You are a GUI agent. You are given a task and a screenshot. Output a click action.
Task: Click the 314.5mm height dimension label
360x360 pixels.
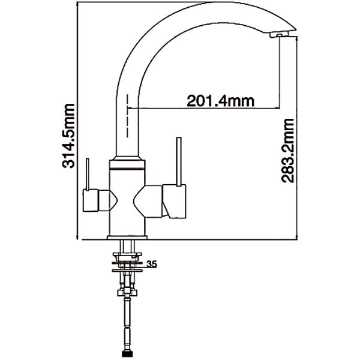[x=68, y=136]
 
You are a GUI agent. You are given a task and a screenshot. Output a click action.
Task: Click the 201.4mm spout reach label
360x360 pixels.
[x=221, y=101]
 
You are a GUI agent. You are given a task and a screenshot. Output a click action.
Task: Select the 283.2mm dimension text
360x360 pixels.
[x=287, y=151]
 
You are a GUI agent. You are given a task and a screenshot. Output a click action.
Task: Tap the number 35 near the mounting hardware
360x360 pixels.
[x=152, y=264]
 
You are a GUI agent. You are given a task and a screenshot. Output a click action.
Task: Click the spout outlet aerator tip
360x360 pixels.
[x=279, y=35]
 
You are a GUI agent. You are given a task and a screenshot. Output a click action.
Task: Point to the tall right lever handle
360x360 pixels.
[x=179, y=161]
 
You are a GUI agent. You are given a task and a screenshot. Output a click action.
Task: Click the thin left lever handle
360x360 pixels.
[x=87, y=174]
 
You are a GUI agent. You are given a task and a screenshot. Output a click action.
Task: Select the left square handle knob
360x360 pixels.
[x=91, y=200]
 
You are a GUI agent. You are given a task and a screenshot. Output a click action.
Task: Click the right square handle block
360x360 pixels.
[x=174, y=202]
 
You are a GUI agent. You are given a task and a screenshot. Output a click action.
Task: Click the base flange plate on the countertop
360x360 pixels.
[x=127, y=238]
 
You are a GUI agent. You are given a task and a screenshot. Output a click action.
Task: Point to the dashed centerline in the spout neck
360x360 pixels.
[x=127, y=116]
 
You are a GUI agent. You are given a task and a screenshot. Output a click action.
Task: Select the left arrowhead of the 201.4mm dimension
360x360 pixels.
[x=129, y=107]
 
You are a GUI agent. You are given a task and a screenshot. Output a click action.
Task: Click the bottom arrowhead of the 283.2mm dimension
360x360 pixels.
[x=297, y=238]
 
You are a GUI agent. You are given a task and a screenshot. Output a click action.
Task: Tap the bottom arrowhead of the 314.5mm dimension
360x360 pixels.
[x=78, y=238]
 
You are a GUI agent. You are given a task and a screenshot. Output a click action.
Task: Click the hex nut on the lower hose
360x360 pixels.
[x=127, y=293]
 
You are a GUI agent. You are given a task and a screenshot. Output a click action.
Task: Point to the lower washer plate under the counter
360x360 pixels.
[x=127, y=271]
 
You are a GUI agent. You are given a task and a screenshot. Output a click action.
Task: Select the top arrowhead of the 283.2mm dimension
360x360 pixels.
[x=297, y=38]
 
